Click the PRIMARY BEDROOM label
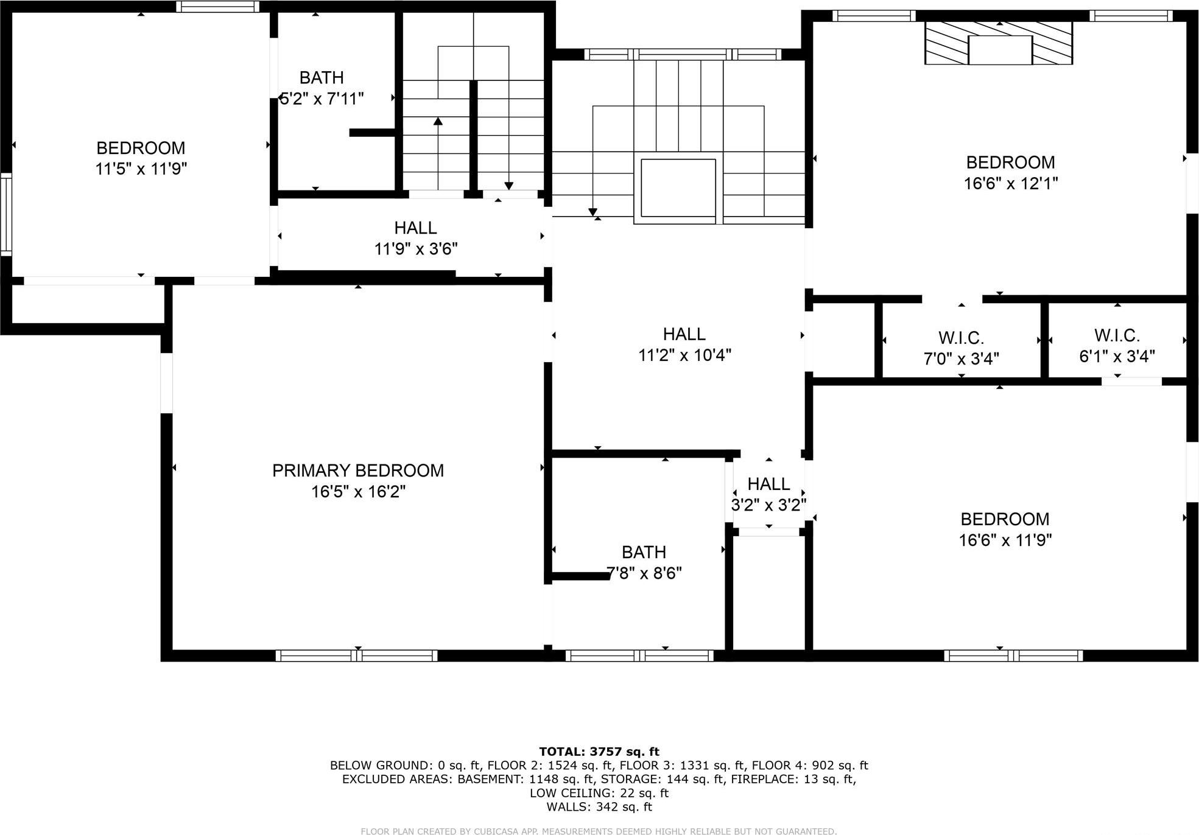coord(357,470)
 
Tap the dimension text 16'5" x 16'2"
coord(358,492)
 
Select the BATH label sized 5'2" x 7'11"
coord(322,78)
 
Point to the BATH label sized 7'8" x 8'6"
coord(644,552)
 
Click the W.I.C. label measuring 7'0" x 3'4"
coord(961,338)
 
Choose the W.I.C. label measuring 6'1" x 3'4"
coord(1117,335)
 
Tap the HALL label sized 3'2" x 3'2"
coord(768,484)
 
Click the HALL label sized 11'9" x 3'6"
coord(415,228)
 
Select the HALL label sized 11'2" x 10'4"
coord(684,334)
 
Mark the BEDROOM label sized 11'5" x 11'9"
coord(141,148)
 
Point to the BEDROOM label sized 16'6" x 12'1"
coord(1010,162)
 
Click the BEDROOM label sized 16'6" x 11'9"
coord(1005,519)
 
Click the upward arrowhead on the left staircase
coord(438,121)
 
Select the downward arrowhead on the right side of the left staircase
coord(508,186)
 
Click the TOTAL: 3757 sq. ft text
coord(599,752)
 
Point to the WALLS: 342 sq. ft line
coord(599,807)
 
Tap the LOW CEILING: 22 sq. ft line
coord(599,793)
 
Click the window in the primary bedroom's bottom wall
coord(356,655)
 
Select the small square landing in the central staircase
coord(678,188)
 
